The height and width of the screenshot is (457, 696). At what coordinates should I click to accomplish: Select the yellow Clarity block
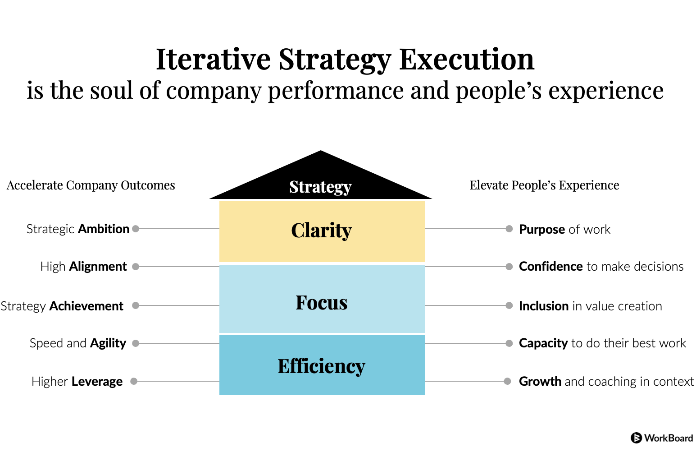click(322, 231)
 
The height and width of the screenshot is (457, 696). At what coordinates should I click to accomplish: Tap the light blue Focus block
click(322, 299)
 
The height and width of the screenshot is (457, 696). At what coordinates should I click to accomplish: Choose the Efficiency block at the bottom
click(322, 365)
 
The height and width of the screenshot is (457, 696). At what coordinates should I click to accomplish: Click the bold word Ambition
click(104, 229)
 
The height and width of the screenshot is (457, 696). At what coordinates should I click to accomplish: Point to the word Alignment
click(98, 267)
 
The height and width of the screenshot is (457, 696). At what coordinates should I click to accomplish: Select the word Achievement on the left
click(86, 306)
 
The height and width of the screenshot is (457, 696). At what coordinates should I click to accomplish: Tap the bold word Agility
click(108, 343)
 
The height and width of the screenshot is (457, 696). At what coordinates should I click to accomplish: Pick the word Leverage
click(97, 381)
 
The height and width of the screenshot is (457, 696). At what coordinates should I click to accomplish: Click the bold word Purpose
click(542, 230)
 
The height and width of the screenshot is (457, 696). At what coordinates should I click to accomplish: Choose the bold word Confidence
click(550, 267)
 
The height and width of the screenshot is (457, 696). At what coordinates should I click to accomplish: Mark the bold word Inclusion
click(544, 306)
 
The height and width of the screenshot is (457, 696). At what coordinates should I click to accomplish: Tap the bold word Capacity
click(543, 343)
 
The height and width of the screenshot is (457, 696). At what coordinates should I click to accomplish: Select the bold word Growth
click(540, 381)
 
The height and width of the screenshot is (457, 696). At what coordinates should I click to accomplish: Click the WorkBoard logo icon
click(636, 438)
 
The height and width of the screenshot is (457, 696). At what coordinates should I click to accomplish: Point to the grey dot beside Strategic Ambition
click(136, 229)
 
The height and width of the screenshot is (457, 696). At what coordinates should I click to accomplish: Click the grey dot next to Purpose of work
click(509, 229)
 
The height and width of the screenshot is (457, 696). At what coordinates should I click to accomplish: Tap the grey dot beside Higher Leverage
click(134, 381)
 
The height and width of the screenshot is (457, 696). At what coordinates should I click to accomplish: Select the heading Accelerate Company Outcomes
click(91, 185)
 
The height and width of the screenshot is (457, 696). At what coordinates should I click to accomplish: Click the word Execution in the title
click(467, 59)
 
